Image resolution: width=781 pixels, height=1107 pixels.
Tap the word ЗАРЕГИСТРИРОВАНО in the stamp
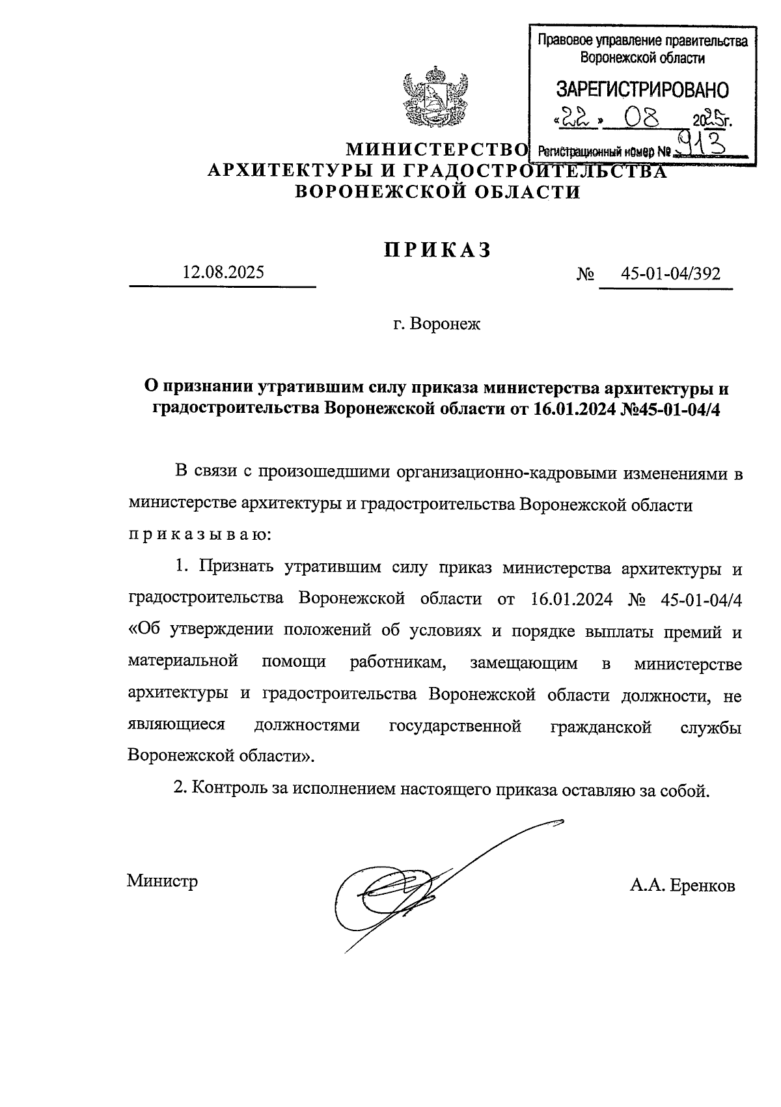click(x=642, y=90)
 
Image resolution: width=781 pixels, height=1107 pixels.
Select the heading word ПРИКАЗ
click(x=436, y=250)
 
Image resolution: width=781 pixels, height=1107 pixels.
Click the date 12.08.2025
click(x=223, y=272)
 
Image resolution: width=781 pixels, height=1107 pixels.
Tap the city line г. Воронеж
click(x=437, y=324)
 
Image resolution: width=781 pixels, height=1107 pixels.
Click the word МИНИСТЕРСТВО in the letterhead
click(x=435, y=150)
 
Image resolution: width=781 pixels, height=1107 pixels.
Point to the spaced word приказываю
click(x=198, y=535)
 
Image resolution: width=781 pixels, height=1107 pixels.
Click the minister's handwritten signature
click(x=404, y=886)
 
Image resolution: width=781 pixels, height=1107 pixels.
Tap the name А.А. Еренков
click(x=682, y=886)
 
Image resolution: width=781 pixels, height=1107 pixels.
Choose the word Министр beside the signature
click(x=162, y=881)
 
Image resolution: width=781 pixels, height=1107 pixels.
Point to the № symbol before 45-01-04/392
click(x=585, y=273)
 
